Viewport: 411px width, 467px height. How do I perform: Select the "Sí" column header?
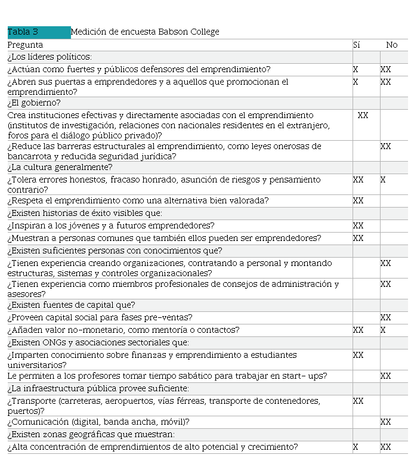pos(357,45)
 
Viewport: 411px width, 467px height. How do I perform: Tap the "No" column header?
pos(391,45)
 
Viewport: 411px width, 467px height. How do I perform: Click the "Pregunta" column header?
pos(25,45)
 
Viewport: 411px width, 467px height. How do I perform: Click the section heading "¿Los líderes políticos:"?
pos(50,57)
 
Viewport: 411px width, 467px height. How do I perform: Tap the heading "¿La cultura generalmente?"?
pos(60,168)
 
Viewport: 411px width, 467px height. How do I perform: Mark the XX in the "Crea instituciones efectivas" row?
pos(363,115)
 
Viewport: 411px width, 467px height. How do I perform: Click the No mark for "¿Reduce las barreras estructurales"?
pos(385,146)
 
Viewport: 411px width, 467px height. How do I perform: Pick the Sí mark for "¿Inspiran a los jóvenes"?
pos(358,226)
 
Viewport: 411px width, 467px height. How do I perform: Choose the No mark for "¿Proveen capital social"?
pos(385,318)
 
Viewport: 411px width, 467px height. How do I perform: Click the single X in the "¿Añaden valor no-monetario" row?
pos(383,330)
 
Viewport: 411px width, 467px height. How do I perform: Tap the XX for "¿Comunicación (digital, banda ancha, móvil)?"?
pos(385,422)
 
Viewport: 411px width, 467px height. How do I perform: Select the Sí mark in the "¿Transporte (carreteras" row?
pos(358,401)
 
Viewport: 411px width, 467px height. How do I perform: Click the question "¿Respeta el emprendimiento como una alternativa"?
pos(138,200)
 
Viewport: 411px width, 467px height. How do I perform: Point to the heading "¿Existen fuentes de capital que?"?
pos(71,305)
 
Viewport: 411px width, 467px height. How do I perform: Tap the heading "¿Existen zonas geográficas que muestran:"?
pos(91,434)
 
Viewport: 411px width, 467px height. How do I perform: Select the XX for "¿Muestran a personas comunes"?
pos(358,238)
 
